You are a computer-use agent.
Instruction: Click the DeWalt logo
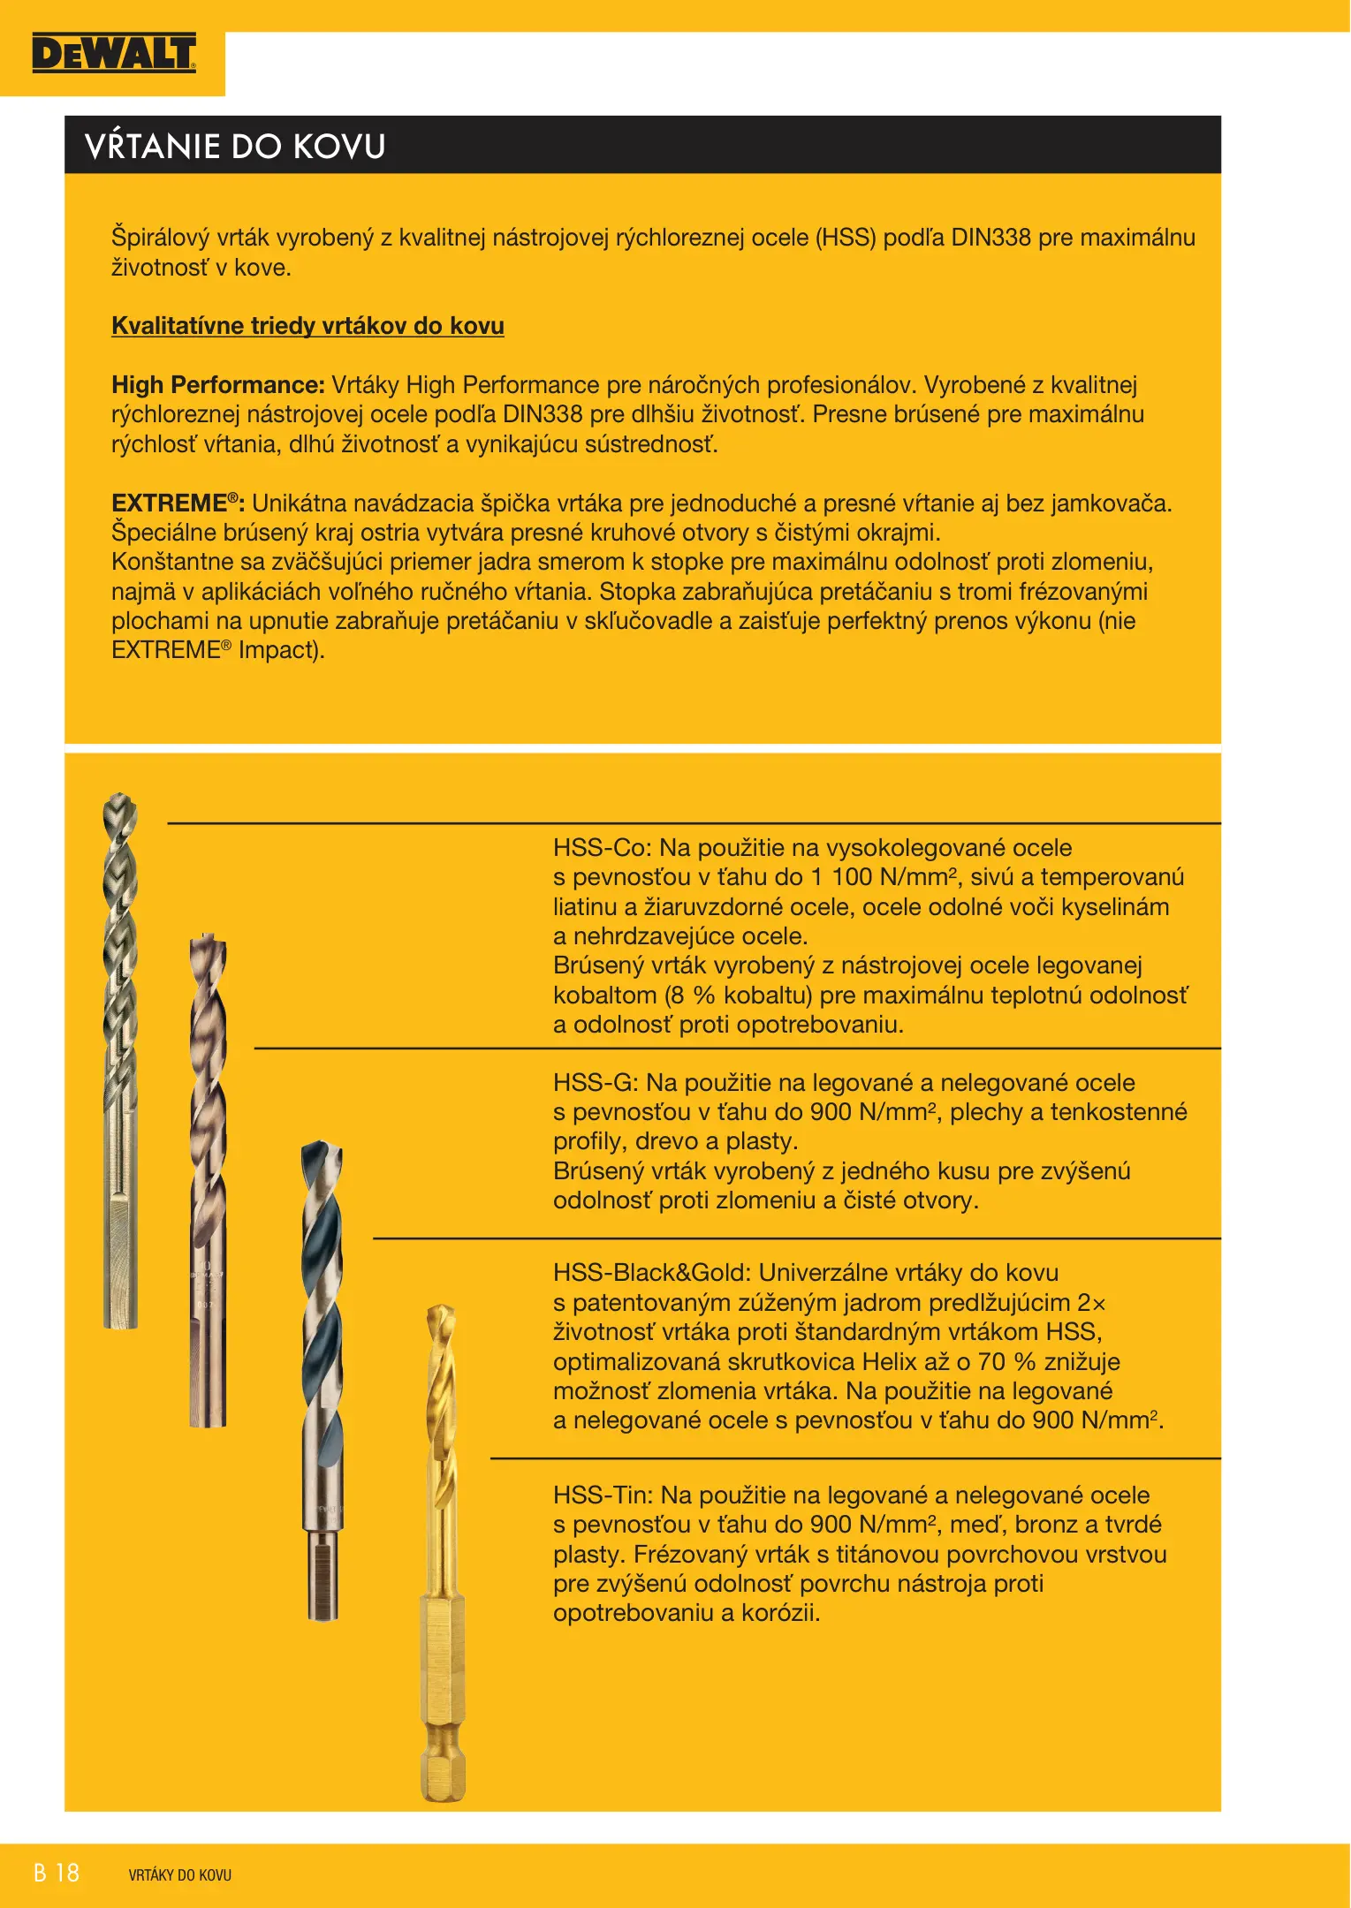point(113,54)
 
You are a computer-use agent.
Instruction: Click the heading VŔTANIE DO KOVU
point(235,146)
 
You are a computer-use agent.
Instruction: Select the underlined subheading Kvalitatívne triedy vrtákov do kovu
point(307,326)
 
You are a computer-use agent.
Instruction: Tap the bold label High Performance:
point(218,385)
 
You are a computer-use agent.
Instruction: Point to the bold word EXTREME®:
point(178,503)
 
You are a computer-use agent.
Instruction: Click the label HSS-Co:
point(603,848)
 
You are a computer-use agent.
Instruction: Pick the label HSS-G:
point(596,1083)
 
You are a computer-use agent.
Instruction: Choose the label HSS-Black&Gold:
point(652,1273)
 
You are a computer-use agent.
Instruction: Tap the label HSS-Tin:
point(603,1495)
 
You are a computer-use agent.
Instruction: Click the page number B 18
point(57,1874)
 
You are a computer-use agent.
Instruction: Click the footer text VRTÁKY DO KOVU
point(179,1875)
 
